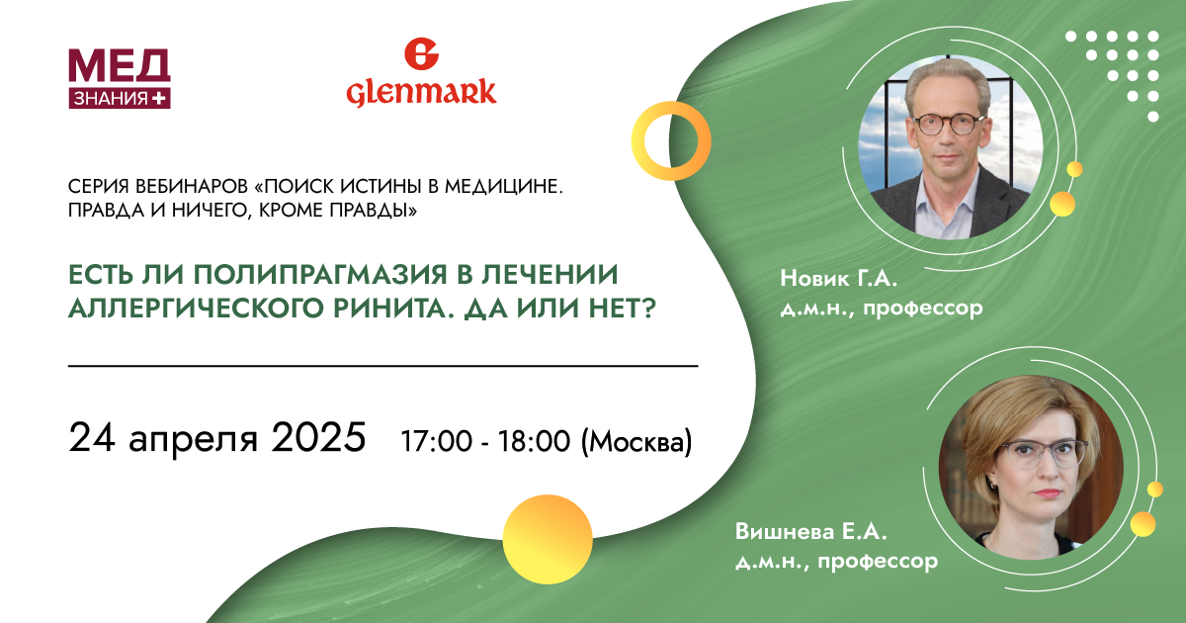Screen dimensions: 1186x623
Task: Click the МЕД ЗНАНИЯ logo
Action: click(120, 79)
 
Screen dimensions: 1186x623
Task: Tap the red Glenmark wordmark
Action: click(421, 93)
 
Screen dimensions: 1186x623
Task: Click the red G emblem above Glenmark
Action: click(421, 53)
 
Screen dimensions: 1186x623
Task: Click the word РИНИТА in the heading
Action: click(392, 308)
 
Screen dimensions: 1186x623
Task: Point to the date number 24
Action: click(92, 437)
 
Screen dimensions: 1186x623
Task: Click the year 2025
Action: click(318, 437)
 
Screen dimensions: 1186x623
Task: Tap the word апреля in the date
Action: click(194, 441)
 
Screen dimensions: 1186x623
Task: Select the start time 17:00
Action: click(436, 441)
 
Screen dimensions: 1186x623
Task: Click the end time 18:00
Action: click(534, 441)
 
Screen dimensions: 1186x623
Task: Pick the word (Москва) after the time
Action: click(636, 442)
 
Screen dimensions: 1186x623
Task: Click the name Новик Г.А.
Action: click(839, 278)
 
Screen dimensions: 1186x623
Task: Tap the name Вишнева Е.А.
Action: click(811, 531)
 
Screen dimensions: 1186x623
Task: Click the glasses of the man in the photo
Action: click(949, 125)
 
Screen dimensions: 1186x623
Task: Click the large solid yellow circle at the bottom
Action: click(548, 539)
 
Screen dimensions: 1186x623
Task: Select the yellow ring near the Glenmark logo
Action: click(638, 140)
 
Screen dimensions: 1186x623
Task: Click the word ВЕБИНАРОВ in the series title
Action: click(192, 187)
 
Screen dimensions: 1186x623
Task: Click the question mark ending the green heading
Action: click(648, 308)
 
